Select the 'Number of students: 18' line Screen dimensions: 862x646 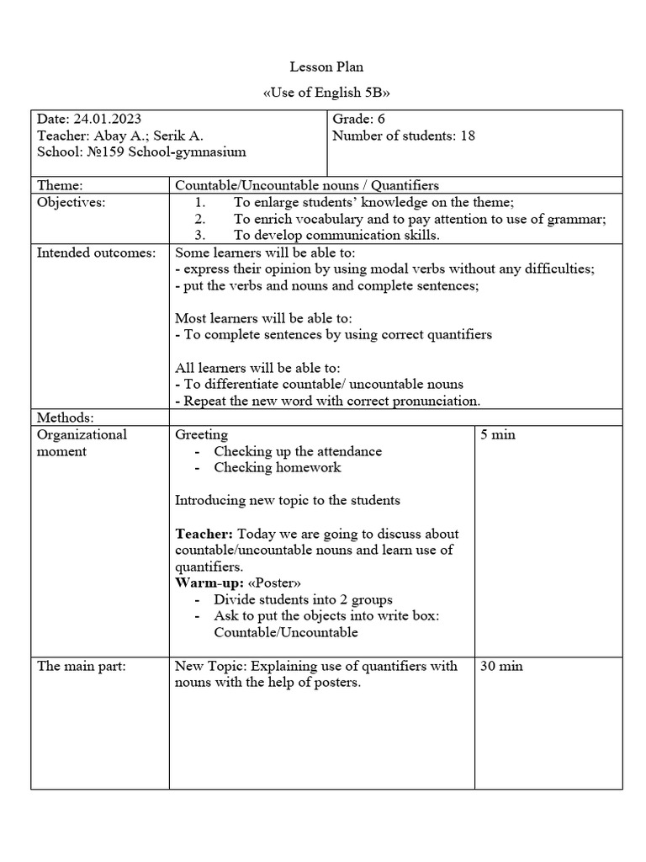coord(404,136)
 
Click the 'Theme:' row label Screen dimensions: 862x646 coord(61,185)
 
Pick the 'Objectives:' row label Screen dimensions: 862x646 coord(71,202)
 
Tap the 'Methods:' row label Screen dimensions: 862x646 coord(66,418)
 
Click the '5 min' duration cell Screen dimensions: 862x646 coord(498,434)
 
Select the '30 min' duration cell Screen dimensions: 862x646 coord(501,666)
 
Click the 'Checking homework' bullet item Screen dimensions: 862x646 coord(277,467)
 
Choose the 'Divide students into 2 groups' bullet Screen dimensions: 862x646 coord(303,600)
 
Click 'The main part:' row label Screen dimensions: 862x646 coord(82,666)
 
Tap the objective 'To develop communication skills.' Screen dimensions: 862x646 coord(336,236)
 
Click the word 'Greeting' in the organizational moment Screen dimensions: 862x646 coord(201,434)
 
